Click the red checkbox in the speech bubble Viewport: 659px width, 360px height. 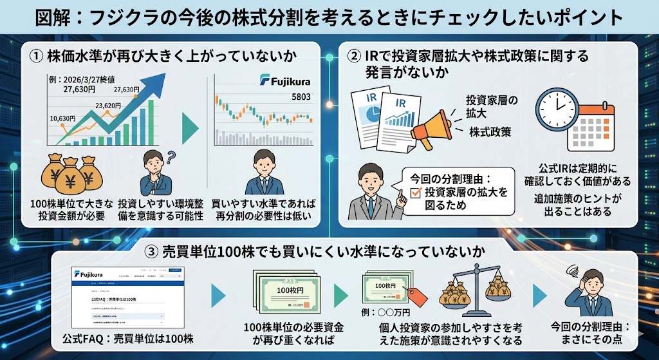click(415, 192)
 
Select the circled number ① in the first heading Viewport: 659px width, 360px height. click(36, 56)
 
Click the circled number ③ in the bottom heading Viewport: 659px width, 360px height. click(153, 251)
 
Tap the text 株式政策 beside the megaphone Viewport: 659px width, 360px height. click(490, 132)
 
